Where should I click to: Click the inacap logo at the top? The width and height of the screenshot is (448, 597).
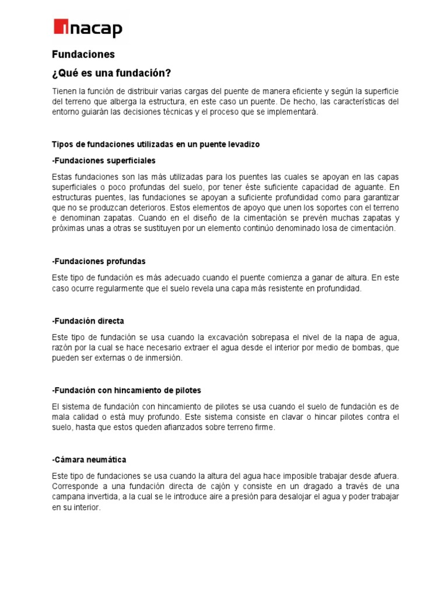tap(87, 27)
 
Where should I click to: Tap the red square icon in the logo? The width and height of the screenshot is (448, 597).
tap(61, 27)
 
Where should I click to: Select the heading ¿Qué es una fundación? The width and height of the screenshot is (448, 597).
tap(111, 73)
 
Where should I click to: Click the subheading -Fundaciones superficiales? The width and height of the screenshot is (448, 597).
tap(104, 160)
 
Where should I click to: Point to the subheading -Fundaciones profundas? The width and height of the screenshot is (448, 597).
tap(99, 261)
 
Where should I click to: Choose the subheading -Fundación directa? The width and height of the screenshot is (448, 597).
tap(88, 321)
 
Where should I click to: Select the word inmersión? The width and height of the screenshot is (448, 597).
tap(163, 359)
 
